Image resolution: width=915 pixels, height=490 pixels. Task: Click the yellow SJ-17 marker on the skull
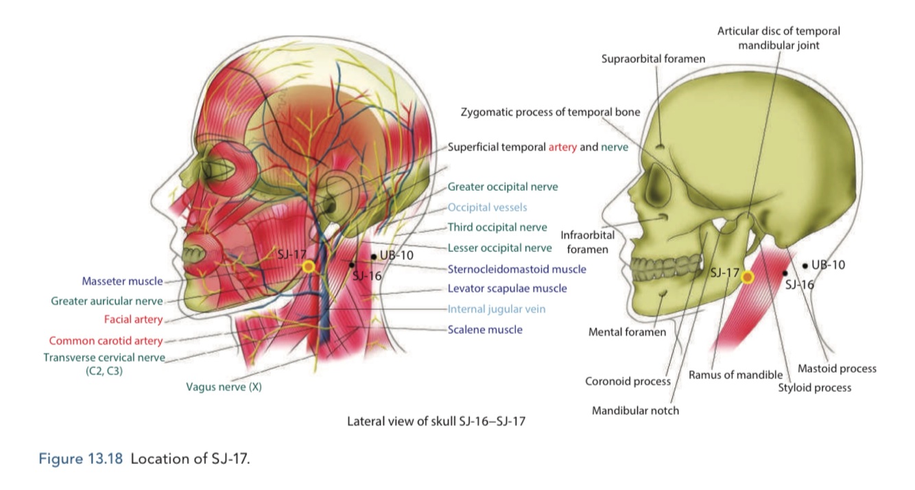pos(747,277)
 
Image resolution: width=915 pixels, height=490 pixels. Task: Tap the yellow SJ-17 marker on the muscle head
pos(309,266)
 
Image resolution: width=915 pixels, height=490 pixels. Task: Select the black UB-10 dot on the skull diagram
pos(805,265)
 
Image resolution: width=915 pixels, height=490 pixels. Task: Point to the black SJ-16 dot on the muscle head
pos(352,264)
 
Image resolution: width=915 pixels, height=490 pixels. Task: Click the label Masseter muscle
pos(122,281)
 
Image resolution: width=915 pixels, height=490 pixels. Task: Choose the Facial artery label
pos(133,319)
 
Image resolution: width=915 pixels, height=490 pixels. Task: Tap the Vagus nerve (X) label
pos(224,386)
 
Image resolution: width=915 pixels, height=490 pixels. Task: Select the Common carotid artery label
pos(106,340)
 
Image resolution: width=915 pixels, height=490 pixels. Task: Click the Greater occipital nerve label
pos(503,187)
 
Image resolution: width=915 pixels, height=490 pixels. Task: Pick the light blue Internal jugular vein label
pos(497,309)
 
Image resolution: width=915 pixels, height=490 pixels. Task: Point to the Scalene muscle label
pos(485,329)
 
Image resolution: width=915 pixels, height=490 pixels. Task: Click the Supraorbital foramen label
pos(653,59)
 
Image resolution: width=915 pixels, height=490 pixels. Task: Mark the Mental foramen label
pos(627,332)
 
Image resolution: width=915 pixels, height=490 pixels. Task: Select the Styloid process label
pos(814,388)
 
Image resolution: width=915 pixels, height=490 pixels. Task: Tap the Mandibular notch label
pos(635,410)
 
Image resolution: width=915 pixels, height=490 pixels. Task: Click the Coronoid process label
pos(628,381)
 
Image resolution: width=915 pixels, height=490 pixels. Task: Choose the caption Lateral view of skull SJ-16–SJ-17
pos(436,421)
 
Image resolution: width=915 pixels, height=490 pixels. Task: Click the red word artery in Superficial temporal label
pos(562,147)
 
